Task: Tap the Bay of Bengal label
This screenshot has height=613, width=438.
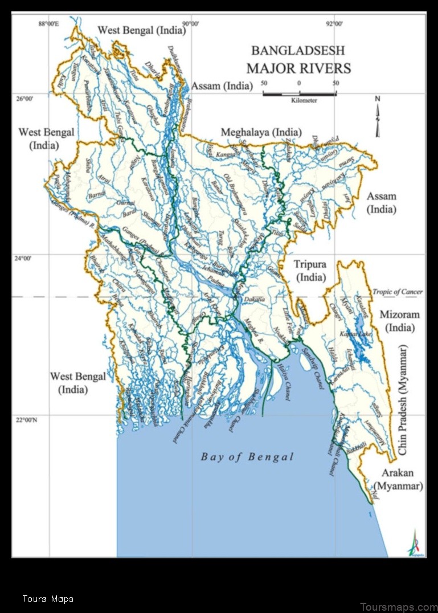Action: click(x=247, y=456)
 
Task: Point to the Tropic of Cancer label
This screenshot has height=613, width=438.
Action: click(x=398, y=292)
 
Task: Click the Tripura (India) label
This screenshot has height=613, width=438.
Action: click(x=310, y=271)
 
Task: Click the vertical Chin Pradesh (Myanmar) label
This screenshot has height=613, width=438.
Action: click(x=403, y=399)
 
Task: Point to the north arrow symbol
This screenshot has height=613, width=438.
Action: click(x=377, y=117)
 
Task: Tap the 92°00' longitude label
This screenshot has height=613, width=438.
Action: click(x=334, y=23)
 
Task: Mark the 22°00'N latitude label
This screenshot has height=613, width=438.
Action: click(x=28, y=420)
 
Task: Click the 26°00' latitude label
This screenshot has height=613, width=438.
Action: click(x=24, y=99)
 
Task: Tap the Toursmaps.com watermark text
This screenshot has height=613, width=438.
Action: click(x=399, y=607)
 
